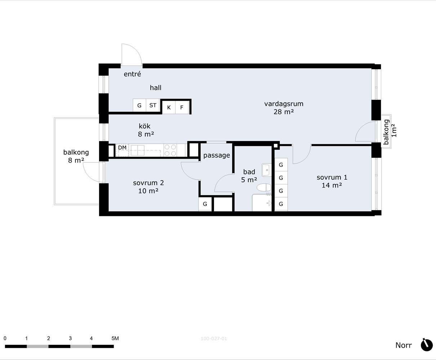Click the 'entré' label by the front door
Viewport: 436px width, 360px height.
(x=132, y=74)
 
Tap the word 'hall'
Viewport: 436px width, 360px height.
(x=156, y=87)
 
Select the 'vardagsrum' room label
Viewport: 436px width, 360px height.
(x=284, y=104)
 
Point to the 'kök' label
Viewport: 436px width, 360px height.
(x=144, y=126)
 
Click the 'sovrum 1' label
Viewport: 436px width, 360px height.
(x=332, y=177)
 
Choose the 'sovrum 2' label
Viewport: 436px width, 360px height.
(x=148, y=183)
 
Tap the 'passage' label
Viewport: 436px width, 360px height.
(x=217, y=155)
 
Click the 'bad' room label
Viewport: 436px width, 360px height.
(x=249, y=172)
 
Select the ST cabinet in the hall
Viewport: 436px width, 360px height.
(x=153, y=105)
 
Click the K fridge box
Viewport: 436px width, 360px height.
(x=169, y=108)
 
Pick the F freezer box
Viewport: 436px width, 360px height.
(x=182, y=108)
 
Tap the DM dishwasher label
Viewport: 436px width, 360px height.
(x=122, y=148)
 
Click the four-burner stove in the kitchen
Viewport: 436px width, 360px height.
(x=170, y=150)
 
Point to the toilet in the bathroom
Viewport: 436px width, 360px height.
(x=264, y=188)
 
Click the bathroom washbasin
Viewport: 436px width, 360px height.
(x=266, y=170)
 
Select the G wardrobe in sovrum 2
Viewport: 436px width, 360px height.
(x=205, y=204)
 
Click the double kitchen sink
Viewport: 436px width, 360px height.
(x=137, y=150)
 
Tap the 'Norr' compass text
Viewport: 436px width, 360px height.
(x=404, y=345)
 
